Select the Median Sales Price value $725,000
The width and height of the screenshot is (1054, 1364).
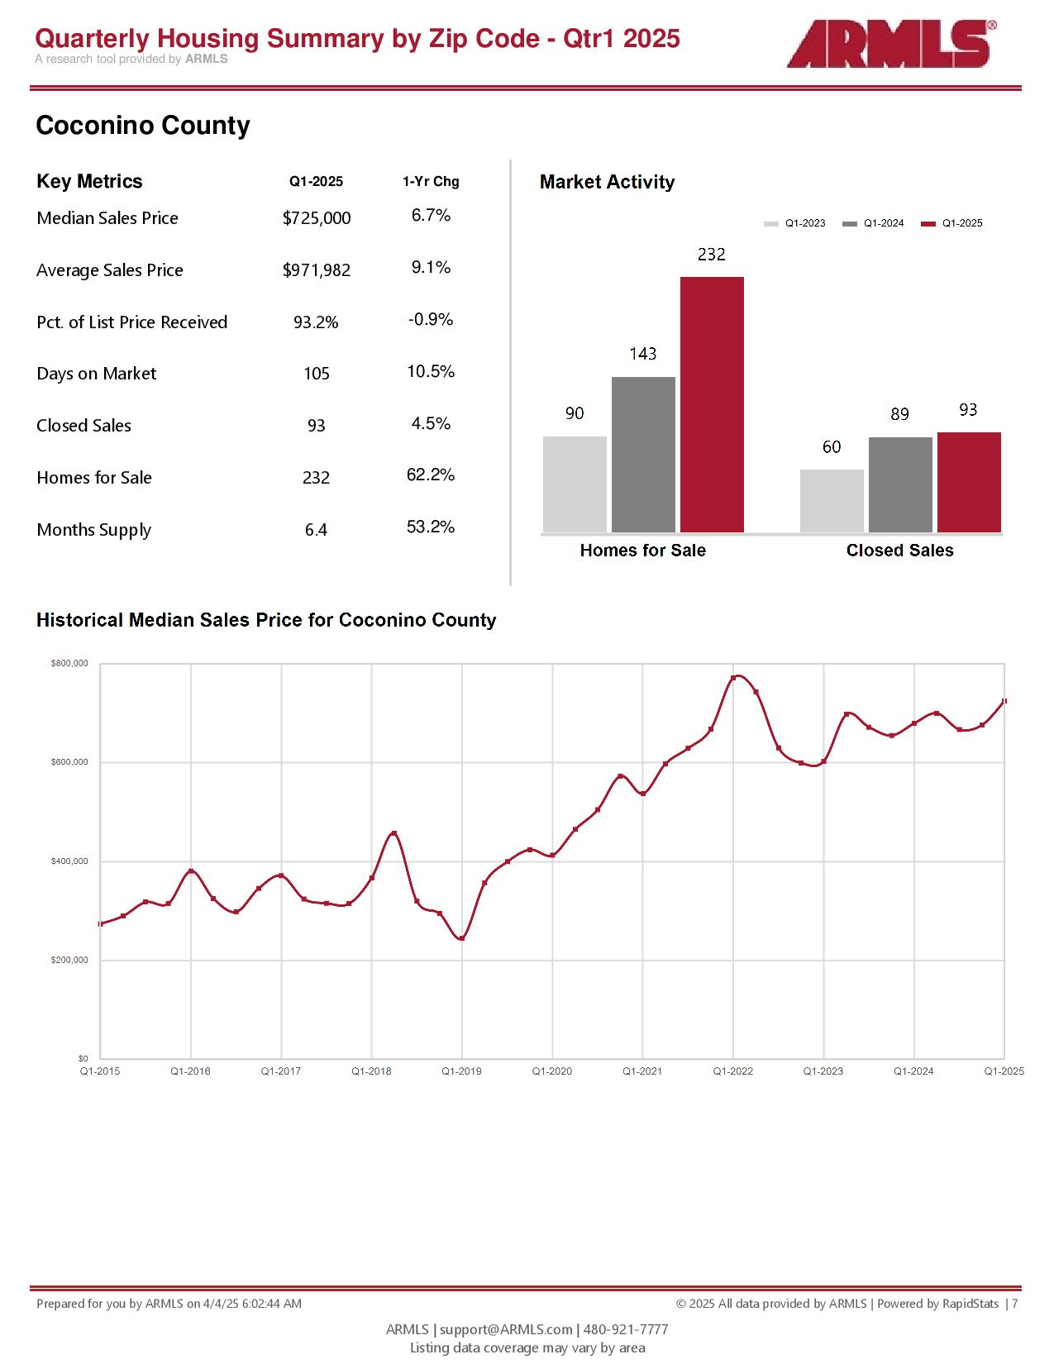click(x=317, y=218)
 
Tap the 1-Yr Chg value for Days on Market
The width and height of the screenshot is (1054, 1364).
click(x=431, y=372)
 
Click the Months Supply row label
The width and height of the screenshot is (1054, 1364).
click(x=93, y=530)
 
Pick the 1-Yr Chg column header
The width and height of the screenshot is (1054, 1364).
click(x=431, y=182)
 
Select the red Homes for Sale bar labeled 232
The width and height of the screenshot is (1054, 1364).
click(x=712, y=404)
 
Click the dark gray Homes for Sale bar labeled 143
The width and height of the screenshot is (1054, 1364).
click(x=643, y=455)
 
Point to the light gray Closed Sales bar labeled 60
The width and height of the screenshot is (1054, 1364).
click(x=832, y=501)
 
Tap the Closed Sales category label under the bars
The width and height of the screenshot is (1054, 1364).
click(x=899, y=551)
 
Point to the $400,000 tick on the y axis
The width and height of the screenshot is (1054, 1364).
click(x=69, y=861)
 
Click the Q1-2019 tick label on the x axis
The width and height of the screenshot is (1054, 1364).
click(x=461, y=1071)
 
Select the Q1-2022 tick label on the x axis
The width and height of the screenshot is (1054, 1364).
click(x=733, y=1071)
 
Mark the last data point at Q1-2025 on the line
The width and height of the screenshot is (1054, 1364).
click(x=1004, y=701)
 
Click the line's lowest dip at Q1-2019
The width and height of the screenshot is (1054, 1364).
click(x=461, y=938)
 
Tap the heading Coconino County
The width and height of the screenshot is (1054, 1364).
click(x=143, y=126)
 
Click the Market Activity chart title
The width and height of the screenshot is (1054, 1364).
click(x=607, y=183)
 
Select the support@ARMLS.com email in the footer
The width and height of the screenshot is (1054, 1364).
click(x=506, y=1329)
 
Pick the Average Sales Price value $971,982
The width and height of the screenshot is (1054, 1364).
click(x=317, y=270)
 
